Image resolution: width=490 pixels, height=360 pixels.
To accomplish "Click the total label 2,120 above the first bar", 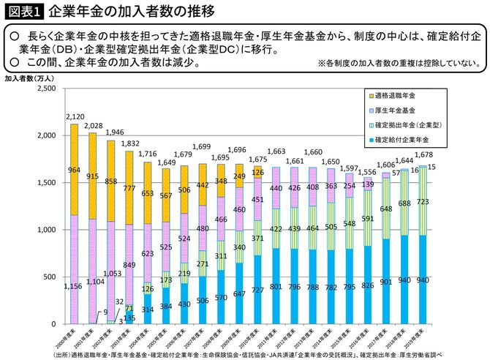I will [75, 117].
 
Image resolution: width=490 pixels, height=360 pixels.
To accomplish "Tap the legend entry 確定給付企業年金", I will [402, 139].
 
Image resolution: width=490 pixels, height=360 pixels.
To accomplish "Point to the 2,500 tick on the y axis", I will [45, 89].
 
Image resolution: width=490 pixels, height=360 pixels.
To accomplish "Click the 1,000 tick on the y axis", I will [45, 230].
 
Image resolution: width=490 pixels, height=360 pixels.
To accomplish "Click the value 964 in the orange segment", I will [75, 170].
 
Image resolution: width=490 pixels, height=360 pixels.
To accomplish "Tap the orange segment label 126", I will [257, 173].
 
